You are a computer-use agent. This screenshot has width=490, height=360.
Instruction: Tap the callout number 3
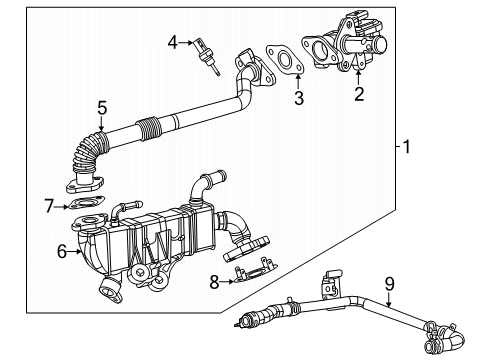click(297, 97)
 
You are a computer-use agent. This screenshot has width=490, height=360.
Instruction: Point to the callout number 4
click(172, 42)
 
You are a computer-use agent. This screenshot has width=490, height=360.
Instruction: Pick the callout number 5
click(102, 107)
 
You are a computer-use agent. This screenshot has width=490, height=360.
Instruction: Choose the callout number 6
click(62, 252)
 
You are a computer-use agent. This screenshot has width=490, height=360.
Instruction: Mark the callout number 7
click(48, 207)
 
